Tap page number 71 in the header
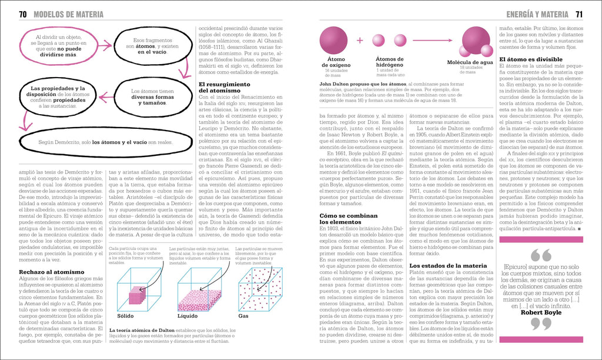[x=578, y=14]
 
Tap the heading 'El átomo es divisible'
[x=530, y=59]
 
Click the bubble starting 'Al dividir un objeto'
[x=59, y=46]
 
